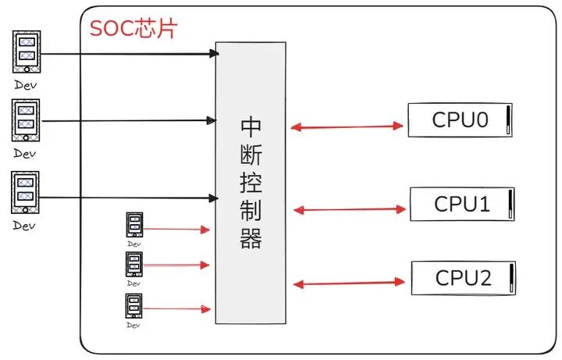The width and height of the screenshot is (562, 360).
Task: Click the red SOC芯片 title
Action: tap(133, 29)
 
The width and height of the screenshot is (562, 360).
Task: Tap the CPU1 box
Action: tap(462, 205)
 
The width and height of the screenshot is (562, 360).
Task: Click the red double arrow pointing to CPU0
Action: tap(347, 126)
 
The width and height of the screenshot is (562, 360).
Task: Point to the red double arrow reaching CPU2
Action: tap(350, 283)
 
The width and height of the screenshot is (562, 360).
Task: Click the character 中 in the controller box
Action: tap(251, 126)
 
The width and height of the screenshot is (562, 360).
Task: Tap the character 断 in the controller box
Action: tap(251, 155)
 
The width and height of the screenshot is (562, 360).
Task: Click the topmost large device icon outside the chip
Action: tap(26, 51)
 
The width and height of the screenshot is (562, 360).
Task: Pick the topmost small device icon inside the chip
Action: tap(134, 225)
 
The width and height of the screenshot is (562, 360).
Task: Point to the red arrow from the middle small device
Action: tap(176, 266)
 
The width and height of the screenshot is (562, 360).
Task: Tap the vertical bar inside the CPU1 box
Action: tap(508, 205)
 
